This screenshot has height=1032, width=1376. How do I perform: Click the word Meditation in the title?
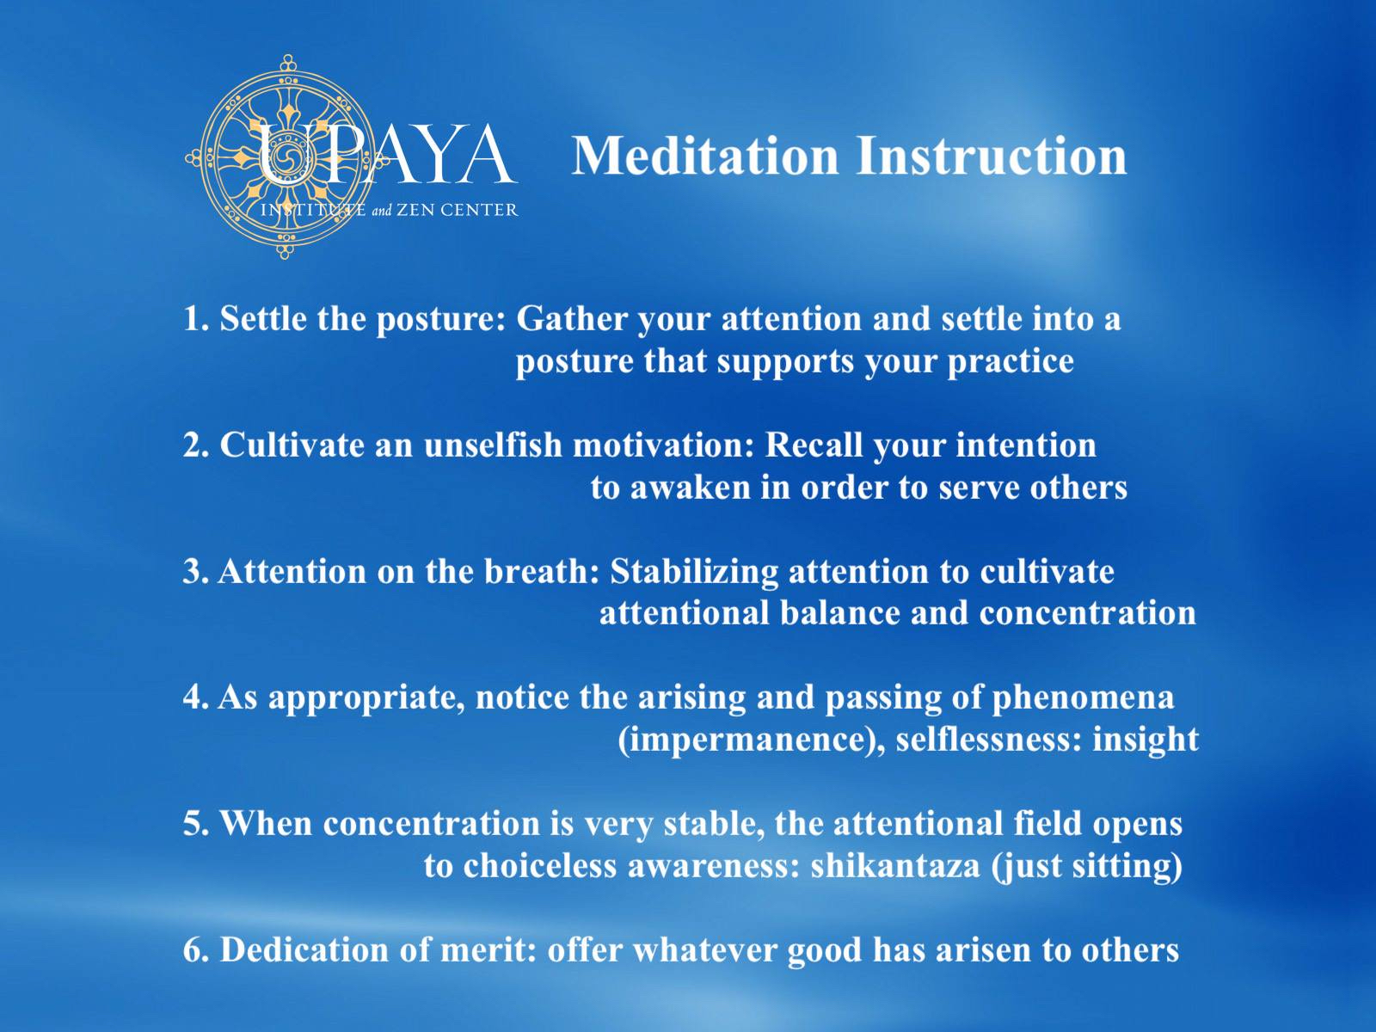pos(706,156)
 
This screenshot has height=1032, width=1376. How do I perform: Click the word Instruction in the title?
pos(992,156)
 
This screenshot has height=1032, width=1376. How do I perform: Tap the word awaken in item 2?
pos(690,488)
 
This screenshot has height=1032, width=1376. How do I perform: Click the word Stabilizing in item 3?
pos(694,572)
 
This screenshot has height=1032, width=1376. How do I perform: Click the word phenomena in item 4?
pos(1084,698)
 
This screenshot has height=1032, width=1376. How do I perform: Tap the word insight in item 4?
pos(1146,740)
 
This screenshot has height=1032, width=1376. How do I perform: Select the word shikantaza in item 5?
pos(895,866)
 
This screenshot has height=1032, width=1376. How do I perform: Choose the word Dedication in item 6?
pos(304,950)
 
